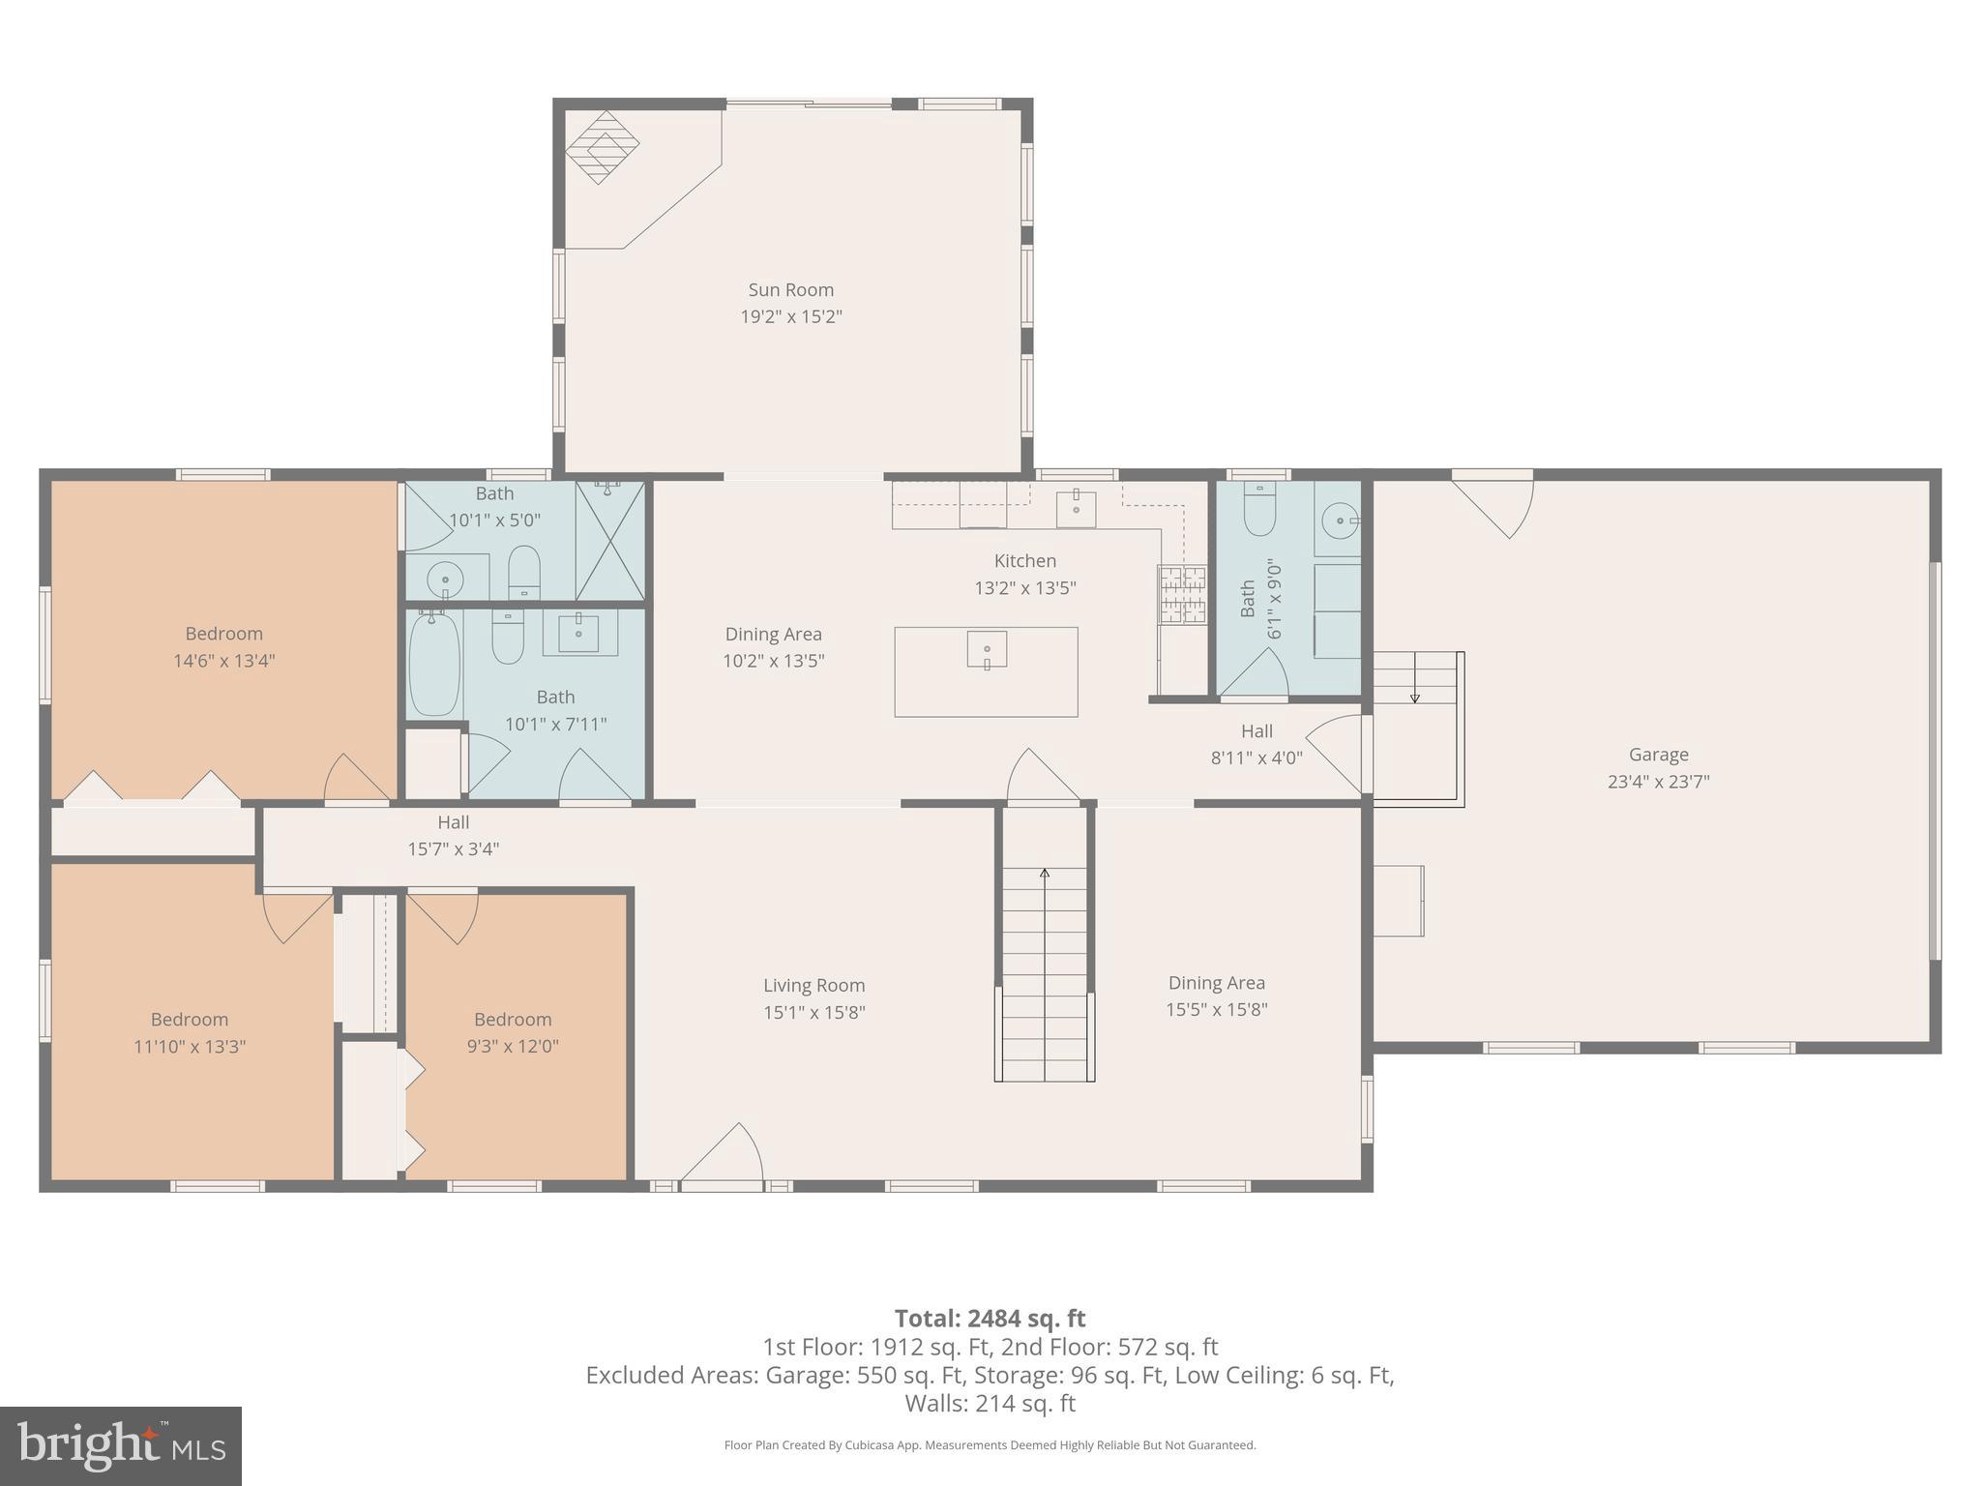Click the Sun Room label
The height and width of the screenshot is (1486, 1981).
[790, 289]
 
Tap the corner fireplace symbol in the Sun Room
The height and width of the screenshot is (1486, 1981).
[602, 147]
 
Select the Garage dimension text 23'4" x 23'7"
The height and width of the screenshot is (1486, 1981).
[1658, 782]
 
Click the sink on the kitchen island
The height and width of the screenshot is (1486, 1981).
[987, 649]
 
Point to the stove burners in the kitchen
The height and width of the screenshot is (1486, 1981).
[1182, 594]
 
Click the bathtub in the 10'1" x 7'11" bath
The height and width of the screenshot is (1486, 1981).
[434, 666]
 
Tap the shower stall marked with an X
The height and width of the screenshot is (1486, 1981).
[609, 540]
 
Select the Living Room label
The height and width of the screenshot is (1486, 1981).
[813, 985]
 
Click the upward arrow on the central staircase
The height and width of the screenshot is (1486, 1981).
[1045, 875]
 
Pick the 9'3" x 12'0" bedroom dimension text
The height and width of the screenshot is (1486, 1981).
[512, 1046]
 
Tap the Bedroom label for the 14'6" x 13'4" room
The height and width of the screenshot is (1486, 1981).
[223, 634]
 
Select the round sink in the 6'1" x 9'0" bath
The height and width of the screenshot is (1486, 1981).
[1340, 520]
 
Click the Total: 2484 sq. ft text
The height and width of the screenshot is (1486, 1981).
[990, 1318]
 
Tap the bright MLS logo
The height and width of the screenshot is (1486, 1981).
[120, 1445]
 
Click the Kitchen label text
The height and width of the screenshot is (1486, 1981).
[1024, 560]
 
